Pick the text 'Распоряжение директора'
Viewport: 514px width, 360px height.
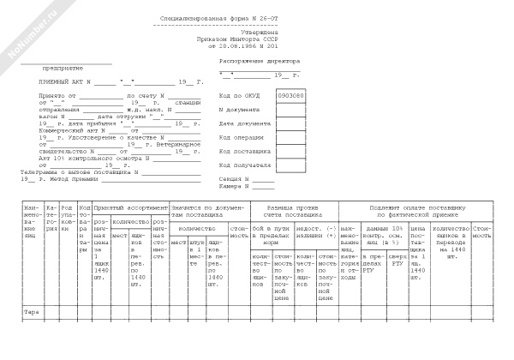click(260, 63)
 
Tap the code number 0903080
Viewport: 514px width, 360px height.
click(290, 96)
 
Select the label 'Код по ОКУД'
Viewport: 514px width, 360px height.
click(239, 96)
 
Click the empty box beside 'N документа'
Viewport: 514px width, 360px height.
click(290, 111)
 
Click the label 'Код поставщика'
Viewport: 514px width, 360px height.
click(244, 151)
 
